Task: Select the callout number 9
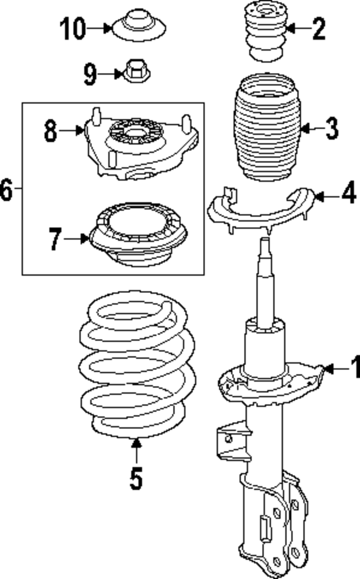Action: click(90, 74)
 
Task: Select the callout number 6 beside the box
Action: click(6, 189)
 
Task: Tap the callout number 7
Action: click(55, 239)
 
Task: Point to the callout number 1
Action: click(354, 369)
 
